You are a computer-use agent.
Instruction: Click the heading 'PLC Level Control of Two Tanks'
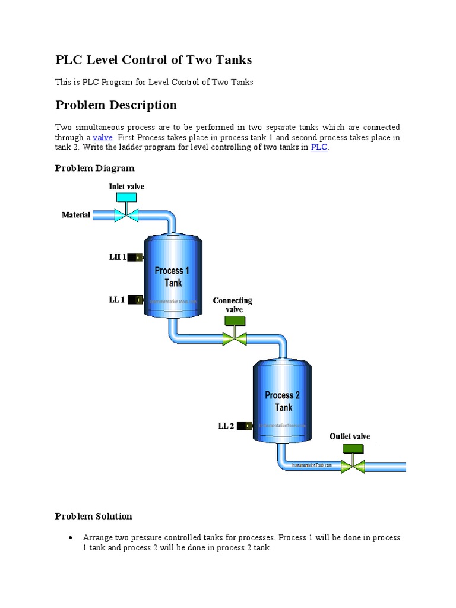[153, 60]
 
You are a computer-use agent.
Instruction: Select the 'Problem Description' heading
[116, 105]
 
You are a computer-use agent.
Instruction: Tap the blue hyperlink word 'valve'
[103, 137]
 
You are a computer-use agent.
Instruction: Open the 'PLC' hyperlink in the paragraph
[319, 147]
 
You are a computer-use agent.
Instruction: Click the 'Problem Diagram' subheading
[94, 168]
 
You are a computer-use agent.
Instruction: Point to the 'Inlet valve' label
[126, 186]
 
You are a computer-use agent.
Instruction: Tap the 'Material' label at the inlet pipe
[76, 215]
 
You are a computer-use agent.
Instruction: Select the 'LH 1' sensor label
[117, 257]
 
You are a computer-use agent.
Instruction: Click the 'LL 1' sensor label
[116, 300]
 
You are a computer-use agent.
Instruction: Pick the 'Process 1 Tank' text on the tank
[172, 277]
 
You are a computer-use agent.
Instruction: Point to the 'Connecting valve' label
[232, 305]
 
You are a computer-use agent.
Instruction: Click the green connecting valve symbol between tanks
[235, 337]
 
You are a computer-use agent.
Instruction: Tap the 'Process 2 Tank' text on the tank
[283, 401]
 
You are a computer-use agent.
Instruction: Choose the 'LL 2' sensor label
[226, 426]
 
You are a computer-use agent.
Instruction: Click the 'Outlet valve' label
[350, 436]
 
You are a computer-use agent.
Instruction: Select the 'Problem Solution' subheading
[93, 516]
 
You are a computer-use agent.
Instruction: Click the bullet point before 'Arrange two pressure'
[71, 538]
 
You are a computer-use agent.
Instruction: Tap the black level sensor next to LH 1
[137, 257]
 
